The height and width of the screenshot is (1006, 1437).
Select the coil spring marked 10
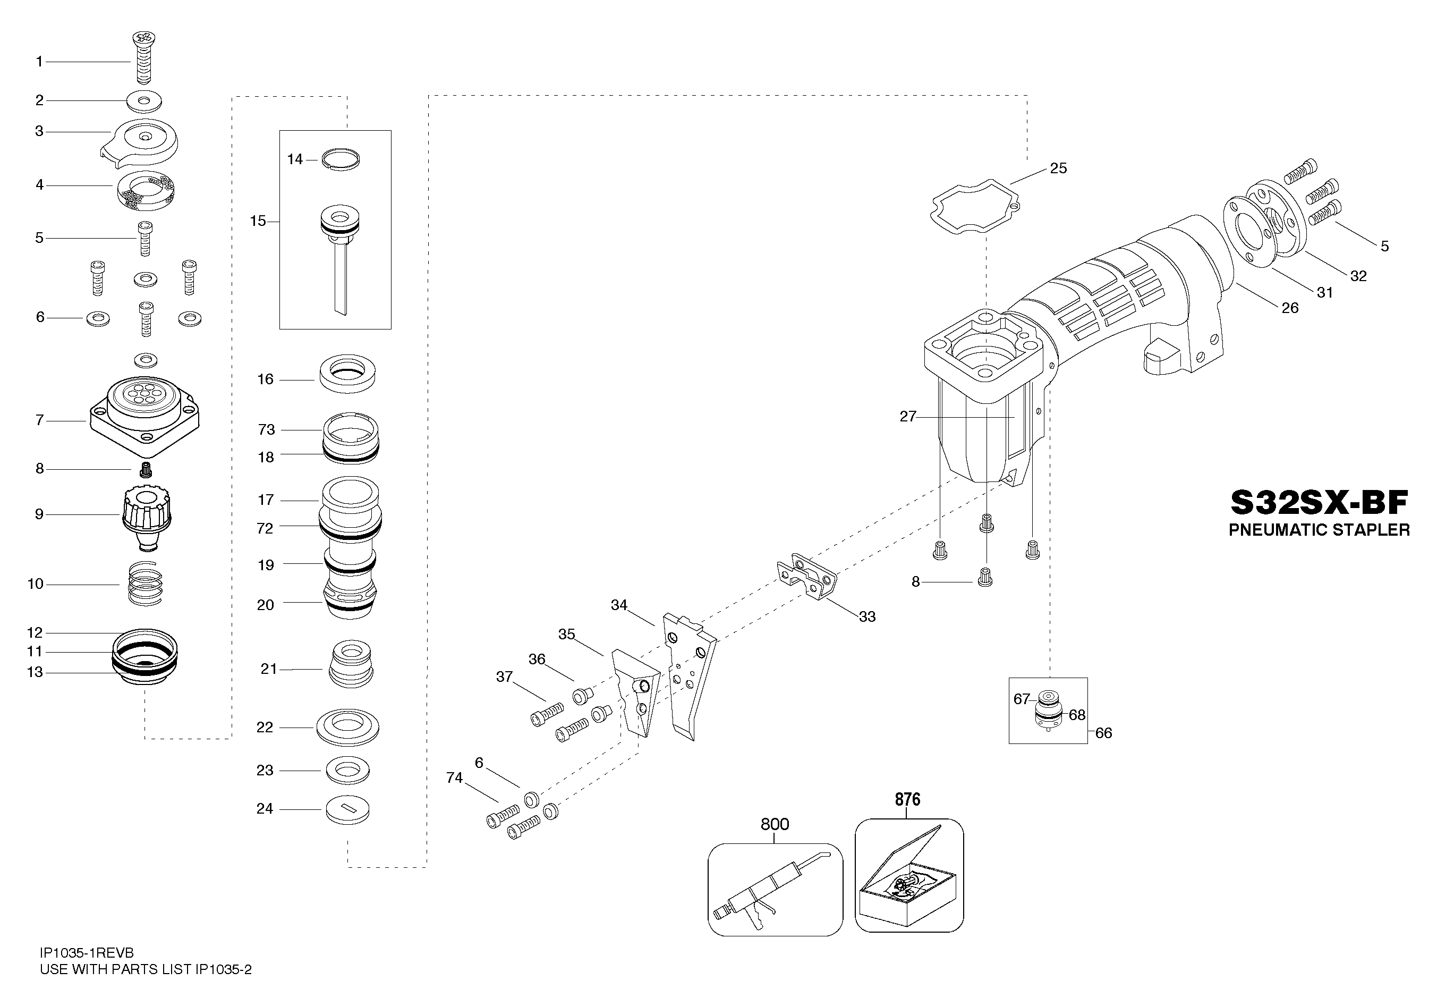coord(144,584)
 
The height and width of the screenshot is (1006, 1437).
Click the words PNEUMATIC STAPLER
coord(1320,530)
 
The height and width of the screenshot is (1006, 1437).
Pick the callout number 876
coord(907,799)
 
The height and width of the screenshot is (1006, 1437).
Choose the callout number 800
coord(775,824)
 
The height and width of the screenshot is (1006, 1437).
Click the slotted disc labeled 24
coord(348,810)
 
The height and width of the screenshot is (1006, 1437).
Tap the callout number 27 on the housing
coord(907,416)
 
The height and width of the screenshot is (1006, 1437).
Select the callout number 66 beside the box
coord(1103,733)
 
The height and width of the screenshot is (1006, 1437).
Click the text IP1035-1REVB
coord(87,953)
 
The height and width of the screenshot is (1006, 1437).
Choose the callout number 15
coord(258,221)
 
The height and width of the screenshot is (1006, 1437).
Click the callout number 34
coord(619,605)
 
